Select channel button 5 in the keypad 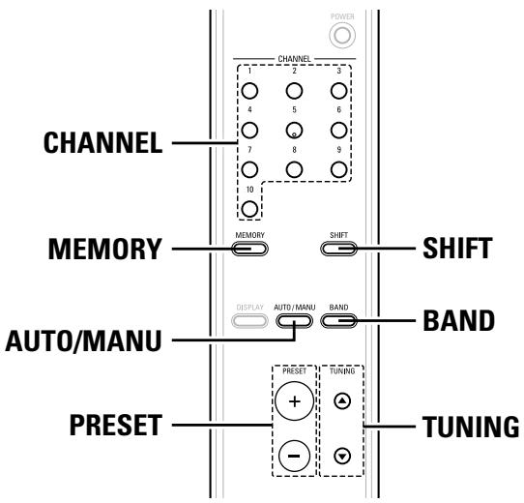[293, 130]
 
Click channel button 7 [249, 166]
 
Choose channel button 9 [337, 166]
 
